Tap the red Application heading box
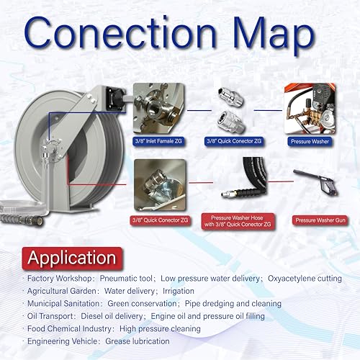pos(72,258)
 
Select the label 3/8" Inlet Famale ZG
pos(158,141)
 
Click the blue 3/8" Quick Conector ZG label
pos(234,141)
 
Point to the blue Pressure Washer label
pos(310,141)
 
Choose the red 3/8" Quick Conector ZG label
pos(160,220)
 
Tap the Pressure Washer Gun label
pos(320,220)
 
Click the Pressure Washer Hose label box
pos(238,221)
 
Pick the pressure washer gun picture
pos(315,181)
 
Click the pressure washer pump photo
pos(310,109)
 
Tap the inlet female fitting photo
pos(159,108)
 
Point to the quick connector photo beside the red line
pos(160,185)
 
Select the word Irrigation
pos(179,291)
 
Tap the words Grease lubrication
pos(138,341)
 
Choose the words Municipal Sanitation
pos(63,304)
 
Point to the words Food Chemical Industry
pos(69,329)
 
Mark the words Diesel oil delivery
pos(112,316)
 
